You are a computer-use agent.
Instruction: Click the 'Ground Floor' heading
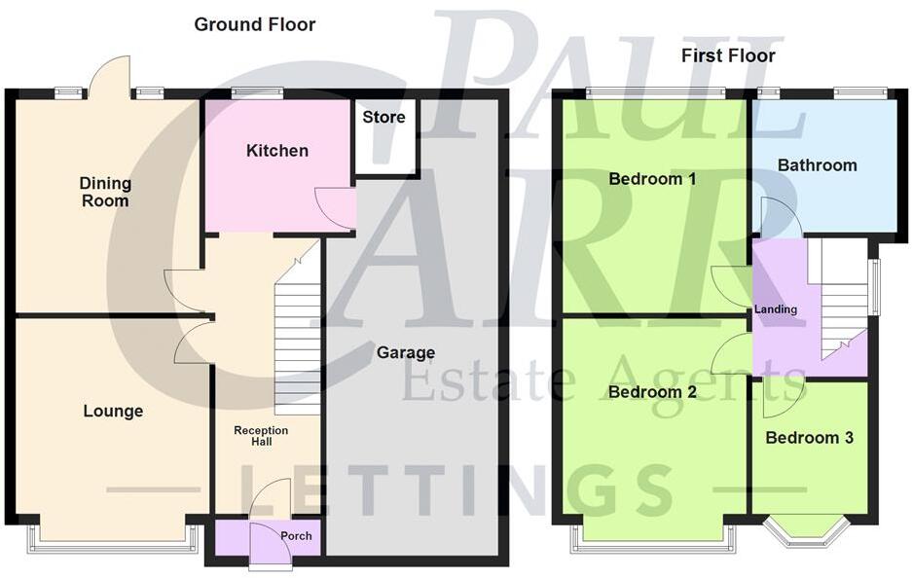click(255, 24)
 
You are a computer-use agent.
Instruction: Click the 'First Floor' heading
click(728, 55)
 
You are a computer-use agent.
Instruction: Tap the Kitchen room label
click(276, 151)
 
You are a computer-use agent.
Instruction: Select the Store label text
click(383, 118)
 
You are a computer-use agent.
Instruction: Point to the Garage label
click(406, 352)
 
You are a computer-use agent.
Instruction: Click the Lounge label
click(113, 412)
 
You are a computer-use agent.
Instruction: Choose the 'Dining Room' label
click(105, 192)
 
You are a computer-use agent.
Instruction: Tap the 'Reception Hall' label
click(261, 436)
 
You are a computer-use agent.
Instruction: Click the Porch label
click(296, 536)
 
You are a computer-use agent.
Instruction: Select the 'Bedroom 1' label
click(652, 179)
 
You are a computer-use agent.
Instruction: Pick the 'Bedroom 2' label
click(652, 392)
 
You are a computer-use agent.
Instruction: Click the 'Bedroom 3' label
click(809, 438)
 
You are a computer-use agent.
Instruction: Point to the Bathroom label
click(817, 165)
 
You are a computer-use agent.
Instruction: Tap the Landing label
click(776, 309)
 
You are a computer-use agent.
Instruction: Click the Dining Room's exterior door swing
click(110, 75)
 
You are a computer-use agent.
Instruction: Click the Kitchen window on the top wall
click(257, 93)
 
